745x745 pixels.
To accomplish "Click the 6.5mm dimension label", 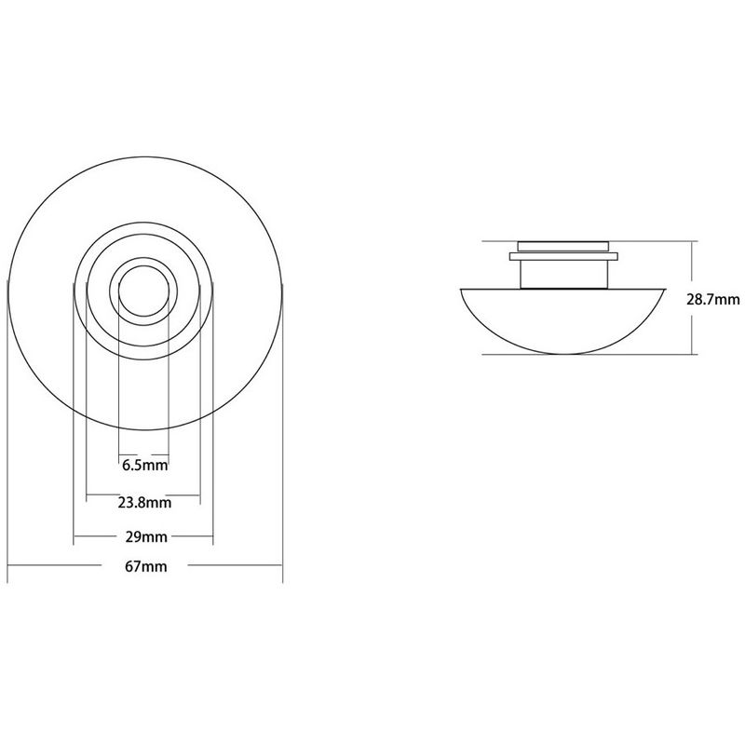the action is (x=145, y=465).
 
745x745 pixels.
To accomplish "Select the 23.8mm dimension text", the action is (x=144, y=503).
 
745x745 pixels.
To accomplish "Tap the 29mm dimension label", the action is (x=146, y=537).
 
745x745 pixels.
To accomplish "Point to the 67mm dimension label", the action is (x=146, y=566).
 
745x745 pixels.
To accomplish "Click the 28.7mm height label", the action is (x=713, y=299).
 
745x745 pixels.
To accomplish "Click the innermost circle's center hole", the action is (x=143, y=291).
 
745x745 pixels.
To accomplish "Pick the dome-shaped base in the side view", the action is (x=563, y=321).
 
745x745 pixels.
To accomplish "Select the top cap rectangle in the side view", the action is (x=563, y=247).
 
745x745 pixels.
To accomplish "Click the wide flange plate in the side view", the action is (x=563, y=257).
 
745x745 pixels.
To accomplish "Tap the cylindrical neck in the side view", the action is (x=563, y=274).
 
